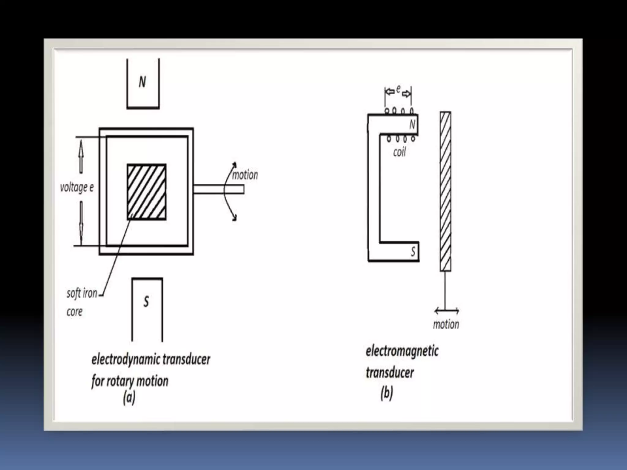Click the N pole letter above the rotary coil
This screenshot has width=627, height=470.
[142, 82]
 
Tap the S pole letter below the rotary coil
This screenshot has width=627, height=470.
[146, 302]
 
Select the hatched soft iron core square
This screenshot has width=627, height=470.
[147, 192]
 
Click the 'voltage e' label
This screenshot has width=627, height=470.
[77, 187]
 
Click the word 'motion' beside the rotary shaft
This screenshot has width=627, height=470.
[245, 175]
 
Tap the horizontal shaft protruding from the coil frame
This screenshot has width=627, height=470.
[219, 189]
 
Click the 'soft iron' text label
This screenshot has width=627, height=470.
[82, 293]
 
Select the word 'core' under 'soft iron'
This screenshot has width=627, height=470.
[74, 312]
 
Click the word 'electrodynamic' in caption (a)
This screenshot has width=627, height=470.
[125, 359]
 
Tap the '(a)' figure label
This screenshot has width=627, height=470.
[129, 398]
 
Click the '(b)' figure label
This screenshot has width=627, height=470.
[387, 393]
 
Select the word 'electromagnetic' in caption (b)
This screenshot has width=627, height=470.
[402, 351]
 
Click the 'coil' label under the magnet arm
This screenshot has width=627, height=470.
[399, 152]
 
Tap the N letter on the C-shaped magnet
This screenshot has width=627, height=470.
[412, 125]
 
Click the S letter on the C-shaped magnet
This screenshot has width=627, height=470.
[413, 252]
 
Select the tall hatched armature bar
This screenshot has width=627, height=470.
[445, 192]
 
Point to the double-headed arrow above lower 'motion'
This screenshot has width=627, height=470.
[447, 311]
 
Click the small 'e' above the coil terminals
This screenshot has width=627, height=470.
[398, 89]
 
